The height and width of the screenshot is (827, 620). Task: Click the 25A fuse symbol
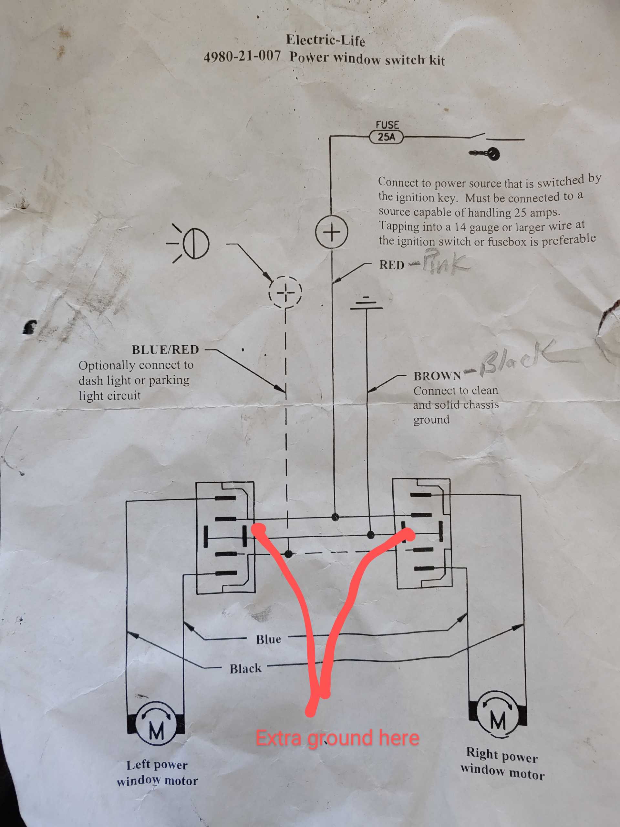click(x=387, y=137)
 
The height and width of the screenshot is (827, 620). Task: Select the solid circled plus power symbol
click(x=332, y=232)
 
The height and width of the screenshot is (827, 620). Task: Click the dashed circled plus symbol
click(x=285, y=292)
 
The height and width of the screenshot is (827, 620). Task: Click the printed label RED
click(x=392, y=265)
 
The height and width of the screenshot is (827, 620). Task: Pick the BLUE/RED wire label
click(x=165, y=350)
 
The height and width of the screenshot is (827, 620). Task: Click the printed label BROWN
click(x=437, y=376)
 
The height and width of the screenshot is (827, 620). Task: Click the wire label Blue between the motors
click(x=268, y=639)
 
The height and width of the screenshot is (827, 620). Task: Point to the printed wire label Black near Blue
click(x=245, y=668)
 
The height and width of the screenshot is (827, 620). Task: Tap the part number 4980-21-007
click(x=242, y=57)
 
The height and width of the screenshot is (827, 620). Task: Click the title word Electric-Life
click(x=325, y=40)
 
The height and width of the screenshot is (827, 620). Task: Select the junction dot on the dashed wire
click(x=288, y=554)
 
